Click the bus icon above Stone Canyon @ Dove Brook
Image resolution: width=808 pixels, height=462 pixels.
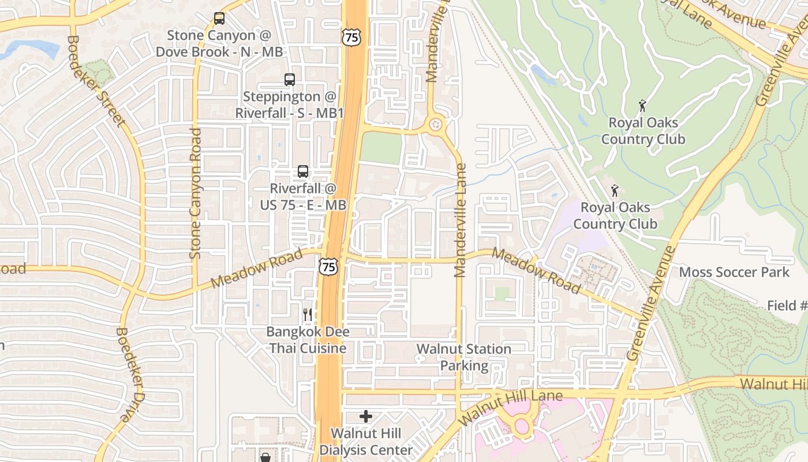click(x=219, y=18)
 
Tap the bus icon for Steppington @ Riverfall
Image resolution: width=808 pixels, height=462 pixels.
click(x=290, y=80)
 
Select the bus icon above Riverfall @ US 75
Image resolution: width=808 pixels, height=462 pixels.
click(x=303, y=171)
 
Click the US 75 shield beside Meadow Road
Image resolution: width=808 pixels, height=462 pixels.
click(x=328, y=266)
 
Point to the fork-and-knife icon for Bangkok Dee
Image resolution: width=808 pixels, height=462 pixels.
click(x=308, y=314)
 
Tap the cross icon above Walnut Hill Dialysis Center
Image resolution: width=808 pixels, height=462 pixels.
click(x=365, y=416)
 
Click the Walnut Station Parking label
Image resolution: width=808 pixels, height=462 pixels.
click(x=464, y=357)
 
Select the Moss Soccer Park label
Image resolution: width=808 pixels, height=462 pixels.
click(x=734, y=272)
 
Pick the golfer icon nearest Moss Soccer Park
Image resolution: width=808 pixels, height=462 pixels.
click(x=615, y=190)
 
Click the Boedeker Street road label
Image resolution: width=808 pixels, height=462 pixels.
click(x=96, y=81)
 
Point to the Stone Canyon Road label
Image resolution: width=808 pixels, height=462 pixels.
click(x=196, y=193)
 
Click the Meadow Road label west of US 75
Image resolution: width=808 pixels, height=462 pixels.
click(x=256, y=269)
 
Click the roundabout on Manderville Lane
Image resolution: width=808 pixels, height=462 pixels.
click(x=435, y=124)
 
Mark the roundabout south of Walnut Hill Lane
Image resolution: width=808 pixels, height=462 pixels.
click(x=522, y=427)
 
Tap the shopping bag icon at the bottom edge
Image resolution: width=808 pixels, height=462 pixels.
click(x=265, y=457)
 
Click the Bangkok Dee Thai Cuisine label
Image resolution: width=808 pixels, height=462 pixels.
click(x=308, y=340)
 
